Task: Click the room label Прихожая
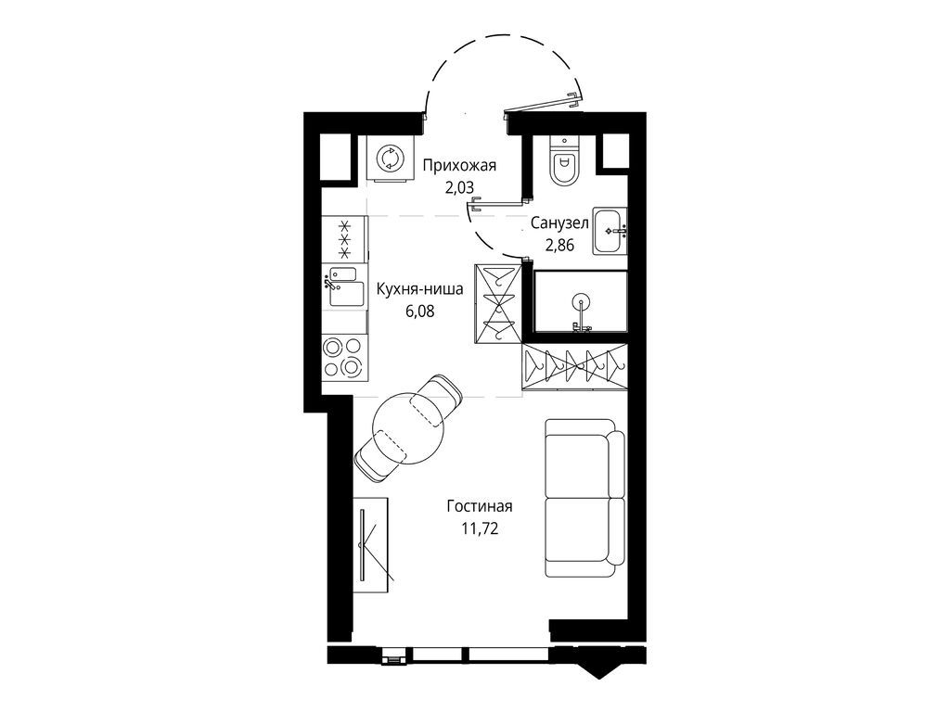tap(459, 166)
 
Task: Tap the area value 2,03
tap(459, 188)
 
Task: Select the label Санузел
tap(559, 223)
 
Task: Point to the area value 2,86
tap(559, 246)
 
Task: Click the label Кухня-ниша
tap(420, 289)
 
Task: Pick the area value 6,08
tap(420, 311)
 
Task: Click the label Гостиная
tap(480, 506)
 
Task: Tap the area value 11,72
tap(480, 528)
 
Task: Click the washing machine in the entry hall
tap(389, 158)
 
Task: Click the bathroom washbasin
tap(610, 231)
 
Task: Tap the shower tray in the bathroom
tap(581, 302)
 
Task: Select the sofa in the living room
tap(584, 498)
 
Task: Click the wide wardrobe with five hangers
tap(574, 366)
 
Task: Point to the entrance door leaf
tap(543, 104)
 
